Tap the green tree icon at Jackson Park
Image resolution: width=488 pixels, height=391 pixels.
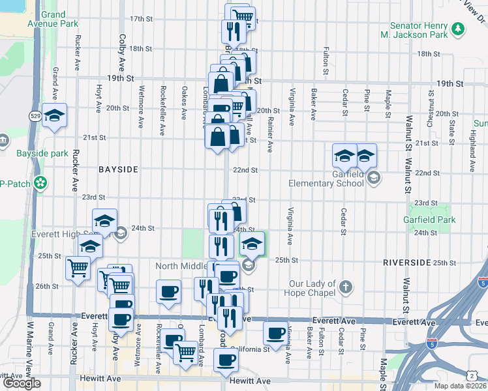(x=459, y=29)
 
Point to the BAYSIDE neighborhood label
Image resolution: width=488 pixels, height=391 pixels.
(x=118, y=169)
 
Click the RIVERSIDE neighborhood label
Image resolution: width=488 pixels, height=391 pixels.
(x=408, y=262)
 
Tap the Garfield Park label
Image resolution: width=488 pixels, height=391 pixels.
(x=429, y=220)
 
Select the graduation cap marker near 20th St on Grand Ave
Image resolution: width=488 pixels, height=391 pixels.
(x=55, y=115)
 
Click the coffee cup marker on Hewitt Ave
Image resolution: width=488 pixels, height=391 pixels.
(x=226, y=360)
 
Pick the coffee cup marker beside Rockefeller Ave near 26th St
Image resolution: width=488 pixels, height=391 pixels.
(x=169, y=291)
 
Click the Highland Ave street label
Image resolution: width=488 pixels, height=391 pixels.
(x=472, y=145)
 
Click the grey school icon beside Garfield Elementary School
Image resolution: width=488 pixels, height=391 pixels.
(x=373, y=177)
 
